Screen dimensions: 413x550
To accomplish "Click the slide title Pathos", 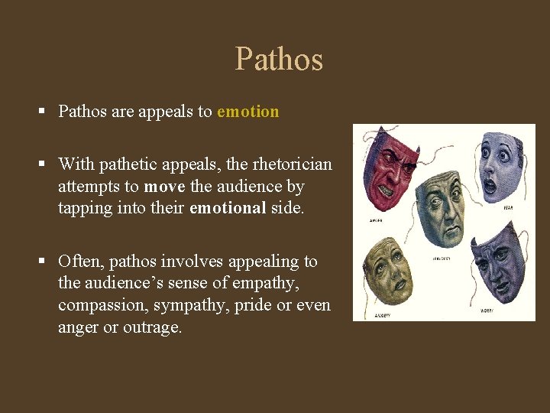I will click(x=279, y=60).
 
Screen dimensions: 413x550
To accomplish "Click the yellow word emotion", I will click(x=248, y=112).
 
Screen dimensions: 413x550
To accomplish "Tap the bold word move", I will click(x=164, y=186).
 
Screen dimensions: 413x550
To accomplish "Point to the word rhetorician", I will click(x=293, y=164).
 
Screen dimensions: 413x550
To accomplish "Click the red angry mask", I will click(x=390, y=172).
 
